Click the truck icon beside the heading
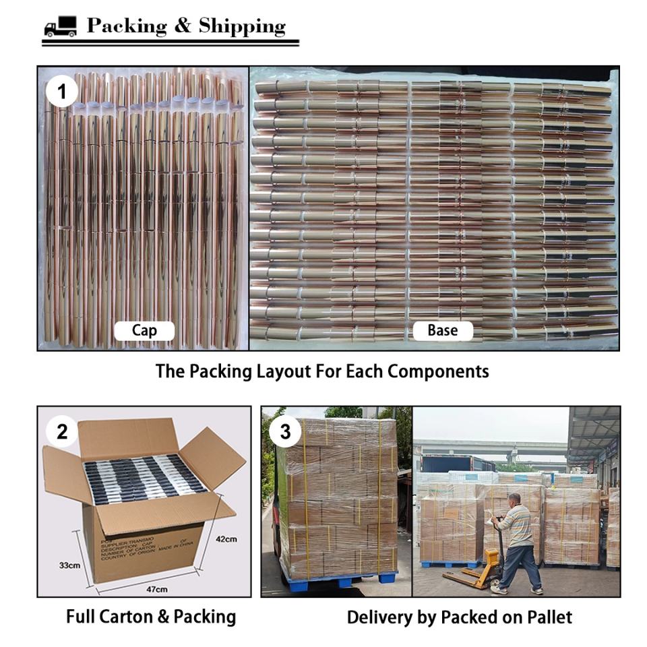pos(60,27)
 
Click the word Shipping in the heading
pos(242,26)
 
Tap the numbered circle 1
pos(62,92)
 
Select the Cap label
pos(144,330)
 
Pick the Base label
pos(442,330)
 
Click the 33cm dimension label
pos(69,565)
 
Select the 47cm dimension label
pos(156,589)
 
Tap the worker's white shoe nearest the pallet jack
pos(499,588)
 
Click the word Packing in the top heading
pos(127,26)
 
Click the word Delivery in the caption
pos(378,616)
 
